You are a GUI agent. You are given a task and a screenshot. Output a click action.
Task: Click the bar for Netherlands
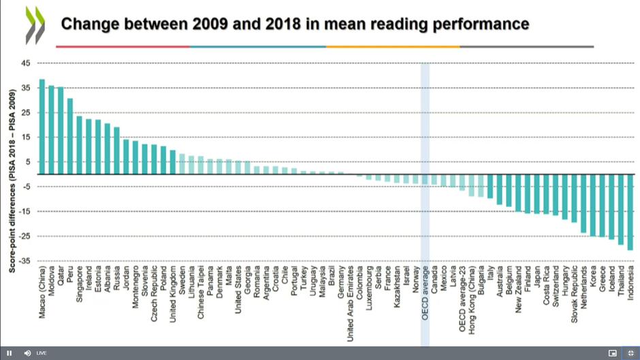click(583, 203)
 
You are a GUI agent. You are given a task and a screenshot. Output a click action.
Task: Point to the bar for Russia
click(116, 150)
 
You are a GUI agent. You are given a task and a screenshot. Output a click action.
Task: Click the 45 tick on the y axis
click(26, 63)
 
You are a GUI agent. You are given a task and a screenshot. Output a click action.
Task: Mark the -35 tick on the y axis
click(25, 261)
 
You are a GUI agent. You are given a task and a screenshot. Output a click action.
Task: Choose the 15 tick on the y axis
click(26, 137)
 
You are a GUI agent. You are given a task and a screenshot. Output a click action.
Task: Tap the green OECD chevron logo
click(35, 25)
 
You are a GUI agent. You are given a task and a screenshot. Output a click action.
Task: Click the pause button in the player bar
click(10, 353)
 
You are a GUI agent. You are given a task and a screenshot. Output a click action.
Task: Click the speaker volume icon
click(27, 353)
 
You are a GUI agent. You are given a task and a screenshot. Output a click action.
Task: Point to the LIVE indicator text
click(42, 353)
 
